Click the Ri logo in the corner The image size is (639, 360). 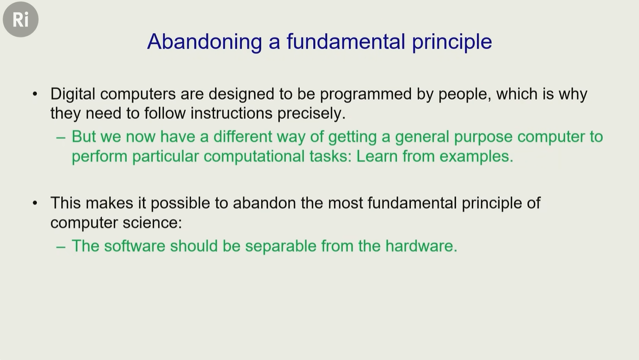(x=21, y=19)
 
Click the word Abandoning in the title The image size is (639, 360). (x=204, y=42)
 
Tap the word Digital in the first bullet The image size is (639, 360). (x=73, y=94)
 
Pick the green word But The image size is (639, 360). (x=84, y=137)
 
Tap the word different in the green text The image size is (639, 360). (x=242, y=137)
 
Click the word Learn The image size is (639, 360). (x=377, y=156)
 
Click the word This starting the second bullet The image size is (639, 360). (x=65, y=203)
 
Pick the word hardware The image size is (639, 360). (x=421, y=246)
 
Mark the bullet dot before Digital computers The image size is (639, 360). (x=35, y=94)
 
